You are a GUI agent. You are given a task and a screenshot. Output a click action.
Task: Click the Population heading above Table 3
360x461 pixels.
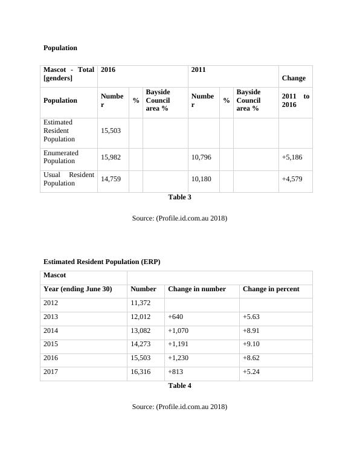coord(60,48)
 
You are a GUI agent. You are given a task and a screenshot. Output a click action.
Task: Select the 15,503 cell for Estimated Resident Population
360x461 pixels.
coord(111,131)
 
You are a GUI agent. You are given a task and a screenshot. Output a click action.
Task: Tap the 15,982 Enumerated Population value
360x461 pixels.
coord(111,157)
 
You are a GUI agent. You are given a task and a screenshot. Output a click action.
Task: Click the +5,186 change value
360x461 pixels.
coord(292,157)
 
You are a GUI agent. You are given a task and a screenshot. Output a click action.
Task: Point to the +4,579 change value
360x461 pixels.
coord(292,179)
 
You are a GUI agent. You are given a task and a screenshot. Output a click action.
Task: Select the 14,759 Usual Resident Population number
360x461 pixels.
coord(111,179)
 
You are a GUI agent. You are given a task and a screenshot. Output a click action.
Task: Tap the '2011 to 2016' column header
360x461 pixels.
coord(295,100)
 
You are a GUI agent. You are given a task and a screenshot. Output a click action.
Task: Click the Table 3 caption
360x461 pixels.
coord(179,197)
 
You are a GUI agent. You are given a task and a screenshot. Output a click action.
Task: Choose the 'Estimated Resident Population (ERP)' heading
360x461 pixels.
coord(102,262)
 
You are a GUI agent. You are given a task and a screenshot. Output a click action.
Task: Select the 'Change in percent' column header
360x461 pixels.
coord(271,289)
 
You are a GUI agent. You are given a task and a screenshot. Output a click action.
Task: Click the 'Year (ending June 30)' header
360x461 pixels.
coord(78,289)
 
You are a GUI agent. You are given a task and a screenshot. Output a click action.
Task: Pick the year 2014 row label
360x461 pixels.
coord(52,330)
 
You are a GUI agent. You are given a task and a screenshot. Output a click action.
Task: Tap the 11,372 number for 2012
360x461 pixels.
coord(141,303)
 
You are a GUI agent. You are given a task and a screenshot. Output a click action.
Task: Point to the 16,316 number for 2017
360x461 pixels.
coord(141,372)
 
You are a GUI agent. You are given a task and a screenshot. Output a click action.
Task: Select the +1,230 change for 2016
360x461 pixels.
coord(179,358)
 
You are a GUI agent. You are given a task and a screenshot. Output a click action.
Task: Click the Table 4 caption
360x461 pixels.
coord(179,385)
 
